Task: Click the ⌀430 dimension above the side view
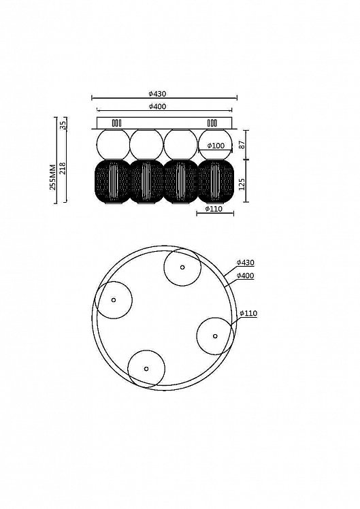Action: coord(157,94)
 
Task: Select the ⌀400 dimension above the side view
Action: coord(157,106)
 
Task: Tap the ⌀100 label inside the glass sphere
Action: coord(216,146)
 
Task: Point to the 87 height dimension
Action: coord(242,145)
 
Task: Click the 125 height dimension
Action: coord(242,184)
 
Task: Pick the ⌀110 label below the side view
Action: coord(214,209)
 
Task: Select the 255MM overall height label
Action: coord(52,177)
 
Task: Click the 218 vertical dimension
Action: coord(63,169)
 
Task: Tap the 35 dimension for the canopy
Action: coord(63,124)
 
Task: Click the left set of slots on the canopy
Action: coord(116,123)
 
